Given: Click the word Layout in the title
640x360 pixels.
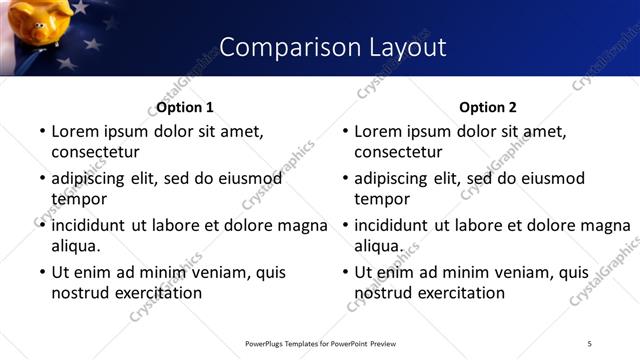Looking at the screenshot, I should coord(399,47).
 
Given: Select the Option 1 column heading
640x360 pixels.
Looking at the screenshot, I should coord(185,107).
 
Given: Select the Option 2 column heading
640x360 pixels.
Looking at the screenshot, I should coord(487,107).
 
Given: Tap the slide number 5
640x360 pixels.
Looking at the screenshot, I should coord(589,344).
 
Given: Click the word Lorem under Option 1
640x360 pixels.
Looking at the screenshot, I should coord(76,131).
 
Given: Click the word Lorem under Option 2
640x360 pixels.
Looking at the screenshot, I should coord(379,131).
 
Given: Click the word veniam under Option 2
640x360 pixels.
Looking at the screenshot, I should coord(525,272).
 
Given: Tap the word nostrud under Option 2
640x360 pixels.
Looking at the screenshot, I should coord(385,293).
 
